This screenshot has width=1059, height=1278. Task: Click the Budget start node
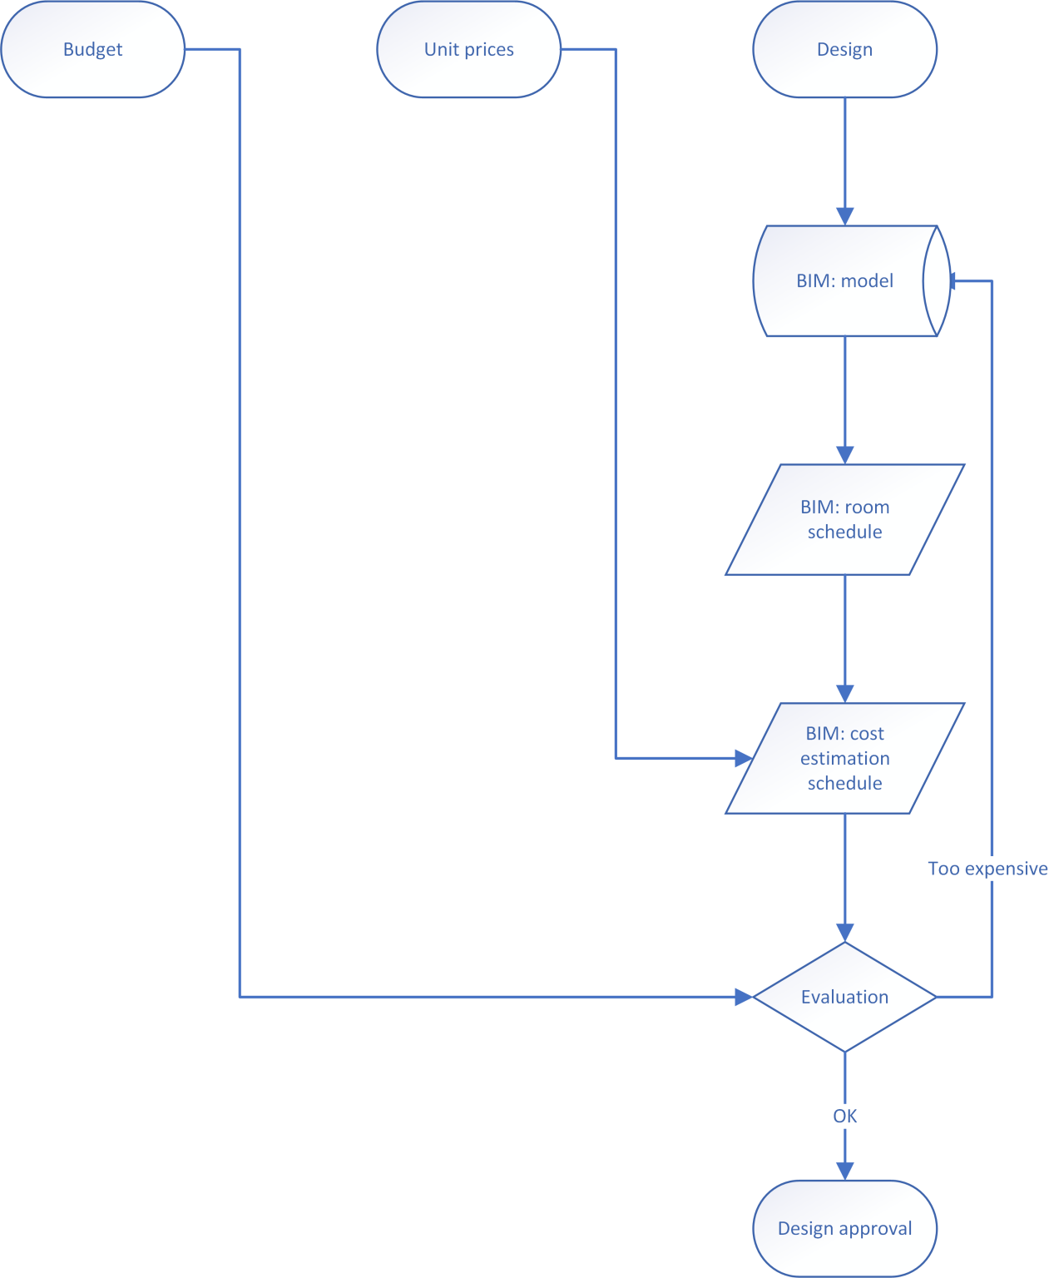click(x=92, y=49)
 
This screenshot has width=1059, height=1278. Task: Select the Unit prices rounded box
click(x=468, y=49)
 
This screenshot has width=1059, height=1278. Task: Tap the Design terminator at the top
click(x=844, y=49)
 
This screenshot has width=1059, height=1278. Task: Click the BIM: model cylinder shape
click(x=844, y=280)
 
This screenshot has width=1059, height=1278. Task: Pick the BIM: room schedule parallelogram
click(x=844, y=519)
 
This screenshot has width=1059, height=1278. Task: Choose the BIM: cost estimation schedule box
click(x=844, y=758)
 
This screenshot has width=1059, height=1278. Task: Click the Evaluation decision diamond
click(x=844, y=997)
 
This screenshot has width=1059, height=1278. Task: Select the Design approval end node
click(x=844, y=1228)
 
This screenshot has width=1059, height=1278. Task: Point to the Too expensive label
click(x=987, y=869)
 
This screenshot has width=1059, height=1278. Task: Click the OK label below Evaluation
click(x=844, y=1116)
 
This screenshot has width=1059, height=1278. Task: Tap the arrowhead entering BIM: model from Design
click(x=844, y=216)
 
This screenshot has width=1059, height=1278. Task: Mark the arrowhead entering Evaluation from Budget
click(x=744, y=997)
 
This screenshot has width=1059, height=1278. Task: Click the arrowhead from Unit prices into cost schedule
click(x=744, y=758)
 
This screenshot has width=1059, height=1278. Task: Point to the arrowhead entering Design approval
click(x=844, y=1171)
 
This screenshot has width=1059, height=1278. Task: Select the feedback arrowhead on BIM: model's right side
click(x=954, y=280)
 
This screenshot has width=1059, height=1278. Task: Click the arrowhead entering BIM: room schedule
click(x=844, y=455)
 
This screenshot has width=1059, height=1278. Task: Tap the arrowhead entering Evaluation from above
click(x=844, y=933)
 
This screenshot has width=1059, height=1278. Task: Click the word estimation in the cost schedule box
click(x=844, y=758)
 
